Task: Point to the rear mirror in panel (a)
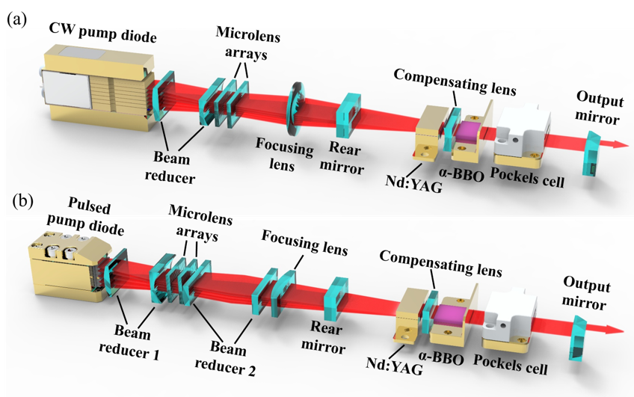pos(349,115)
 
